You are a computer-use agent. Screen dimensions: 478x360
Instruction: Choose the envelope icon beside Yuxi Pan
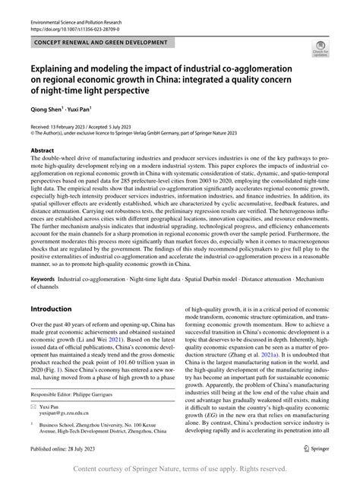click(33, 407)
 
